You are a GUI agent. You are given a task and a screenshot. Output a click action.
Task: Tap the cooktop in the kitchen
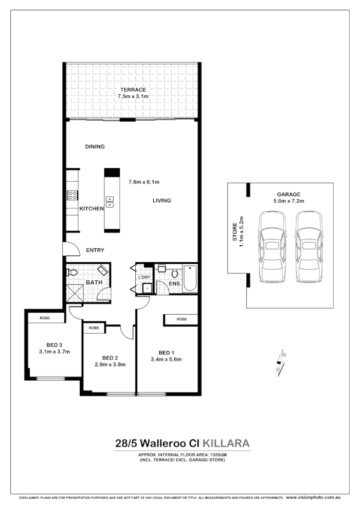[73, 195]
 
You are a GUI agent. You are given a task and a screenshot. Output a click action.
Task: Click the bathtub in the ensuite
[190, 279]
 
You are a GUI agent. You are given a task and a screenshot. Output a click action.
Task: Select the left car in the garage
[273, 248]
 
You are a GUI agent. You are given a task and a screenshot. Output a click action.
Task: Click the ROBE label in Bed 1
[182, 319]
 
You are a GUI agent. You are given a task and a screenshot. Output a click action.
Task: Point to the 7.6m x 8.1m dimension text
[144, 182]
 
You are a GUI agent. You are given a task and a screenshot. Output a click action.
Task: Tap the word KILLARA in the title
[226, 443]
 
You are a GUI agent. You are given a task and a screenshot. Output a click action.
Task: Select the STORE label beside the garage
[235, 232]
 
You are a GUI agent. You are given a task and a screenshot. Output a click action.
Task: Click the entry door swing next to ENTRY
[68, 249]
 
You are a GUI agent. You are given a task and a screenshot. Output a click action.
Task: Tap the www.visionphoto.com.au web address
[313, 498]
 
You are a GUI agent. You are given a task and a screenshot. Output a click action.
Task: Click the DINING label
[95, 147]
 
